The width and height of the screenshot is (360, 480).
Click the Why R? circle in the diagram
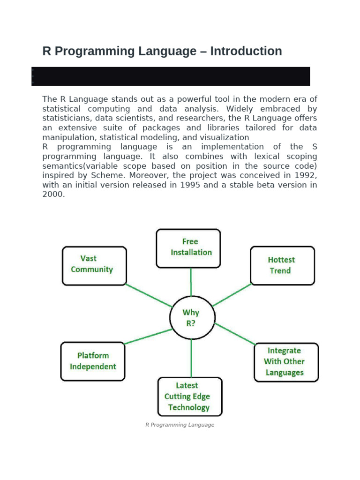pos(191,317)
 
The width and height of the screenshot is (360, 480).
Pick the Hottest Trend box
pos(282,265)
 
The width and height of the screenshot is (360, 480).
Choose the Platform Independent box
pos(93,361)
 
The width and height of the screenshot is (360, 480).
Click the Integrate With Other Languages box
pos(285,361)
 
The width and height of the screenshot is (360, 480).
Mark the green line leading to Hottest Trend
pos(232,295)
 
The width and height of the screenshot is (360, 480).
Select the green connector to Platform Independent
pos(148,336)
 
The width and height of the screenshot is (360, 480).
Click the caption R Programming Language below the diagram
pos(180,425)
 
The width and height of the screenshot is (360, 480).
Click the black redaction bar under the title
pos(171,76)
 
